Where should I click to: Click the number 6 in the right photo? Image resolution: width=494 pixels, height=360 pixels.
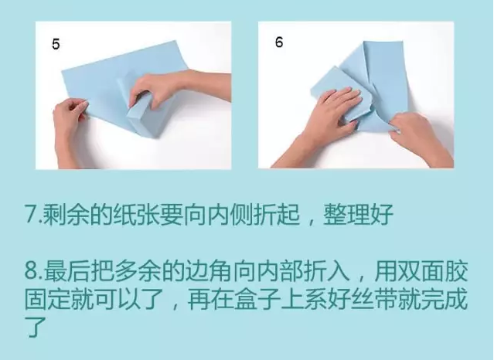click(278, 42)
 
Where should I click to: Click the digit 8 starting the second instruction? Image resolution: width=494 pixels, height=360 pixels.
click(30, 272)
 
